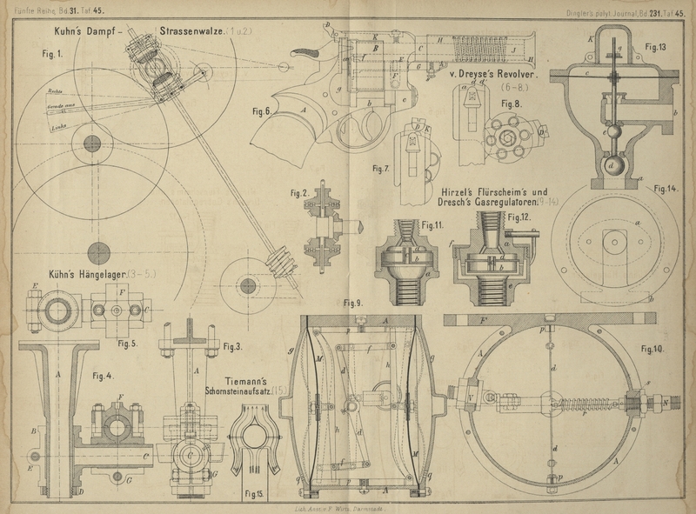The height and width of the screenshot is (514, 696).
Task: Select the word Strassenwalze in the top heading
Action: [x=191, y=32]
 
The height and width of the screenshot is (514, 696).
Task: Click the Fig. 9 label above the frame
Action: [x=352, y=303]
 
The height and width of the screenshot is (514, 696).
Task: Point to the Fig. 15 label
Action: [x=253, y=494]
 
